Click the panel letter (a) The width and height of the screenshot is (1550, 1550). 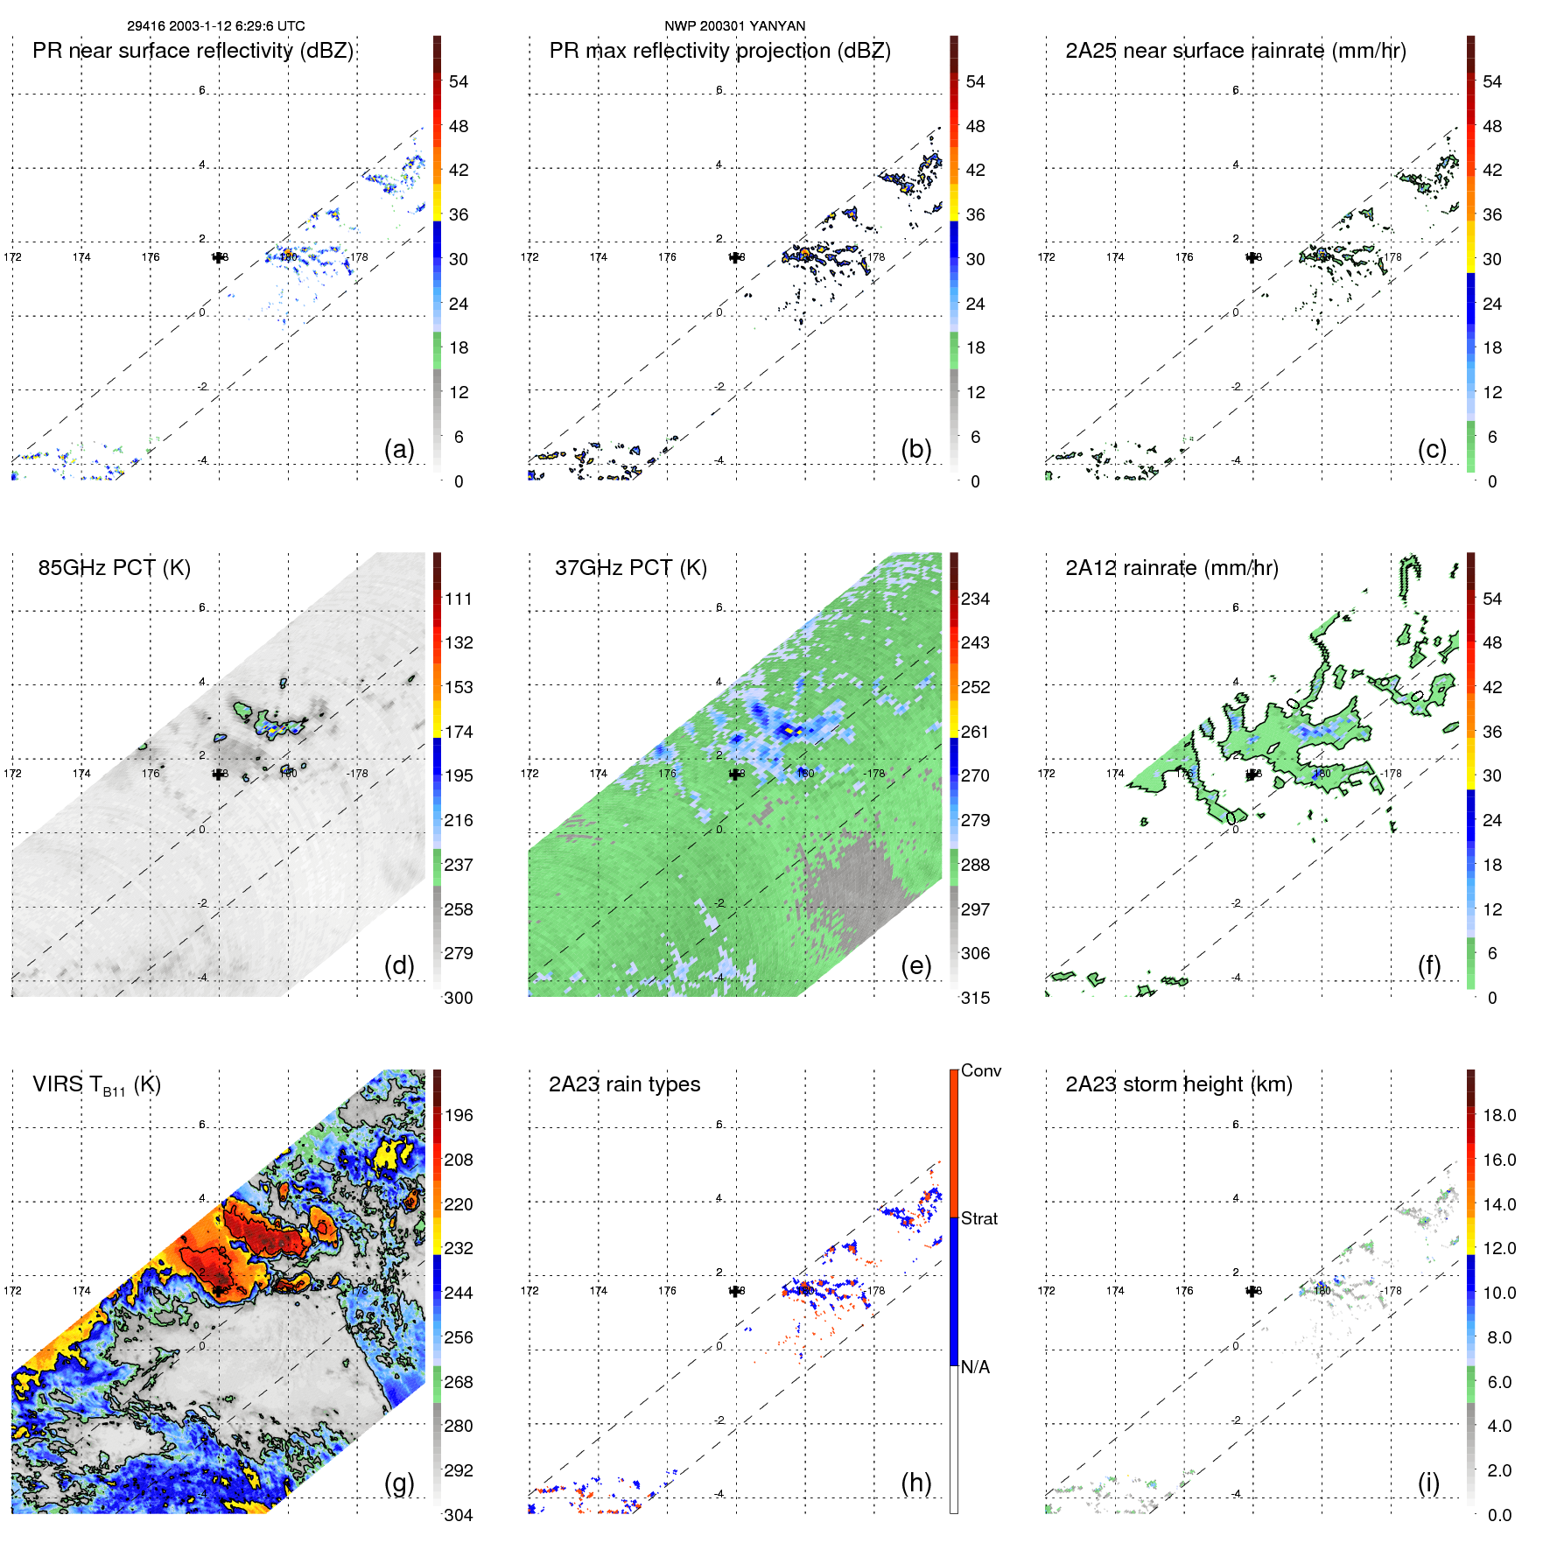(x=399, y=449)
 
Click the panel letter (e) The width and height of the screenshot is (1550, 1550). (x=915, y=965)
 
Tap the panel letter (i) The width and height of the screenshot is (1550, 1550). (x=1428, y=1483)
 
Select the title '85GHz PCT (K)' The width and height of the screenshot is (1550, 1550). (x=114, y=567)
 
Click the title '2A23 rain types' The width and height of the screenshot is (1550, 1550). (x=624, y=1084)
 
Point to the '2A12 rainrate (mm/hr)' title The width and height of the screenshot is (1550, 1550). (x=1172, y=567)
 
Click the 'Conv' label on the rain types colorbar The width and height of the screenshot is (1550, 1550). (x=981, y=1070)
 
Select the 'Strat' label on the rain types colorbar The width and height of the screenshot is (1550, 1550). (x=979, y=1218)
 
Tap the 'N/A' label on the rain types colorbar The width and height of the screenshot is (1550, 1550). (x=976, y=1367)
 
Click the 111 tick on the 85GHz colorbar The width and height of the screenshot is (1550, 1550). (x=459, y=599)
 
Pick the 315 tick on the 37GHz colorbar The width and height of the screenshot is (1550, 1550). (x=975, y=998)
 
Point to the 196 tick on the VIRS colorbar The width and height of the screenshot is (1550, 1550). (x=459, y=1115)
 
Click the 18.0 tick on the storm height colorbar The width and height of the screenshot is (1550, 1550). (x=1499, y=1115)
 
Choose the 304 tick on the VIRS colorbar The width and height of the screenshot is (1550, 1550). (x=459, y=1515)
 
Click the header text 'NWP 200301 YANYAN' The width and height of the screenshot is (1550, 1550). (x=735, y=25)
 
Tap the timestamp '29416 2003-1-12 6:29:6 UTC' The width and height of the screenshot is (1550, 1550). (x=216, y=25)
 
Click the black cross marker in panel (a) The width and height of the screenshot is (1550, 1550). (x=218, y=256)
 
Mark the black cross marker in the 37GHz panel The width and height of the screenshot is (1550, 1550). (x=735, y=774)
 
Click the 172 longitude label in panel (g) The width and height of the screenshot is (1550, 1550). (x=12, y=1290)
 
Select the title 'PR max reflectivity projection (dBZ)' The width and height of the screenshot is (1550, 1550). (x=719, y=51)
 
